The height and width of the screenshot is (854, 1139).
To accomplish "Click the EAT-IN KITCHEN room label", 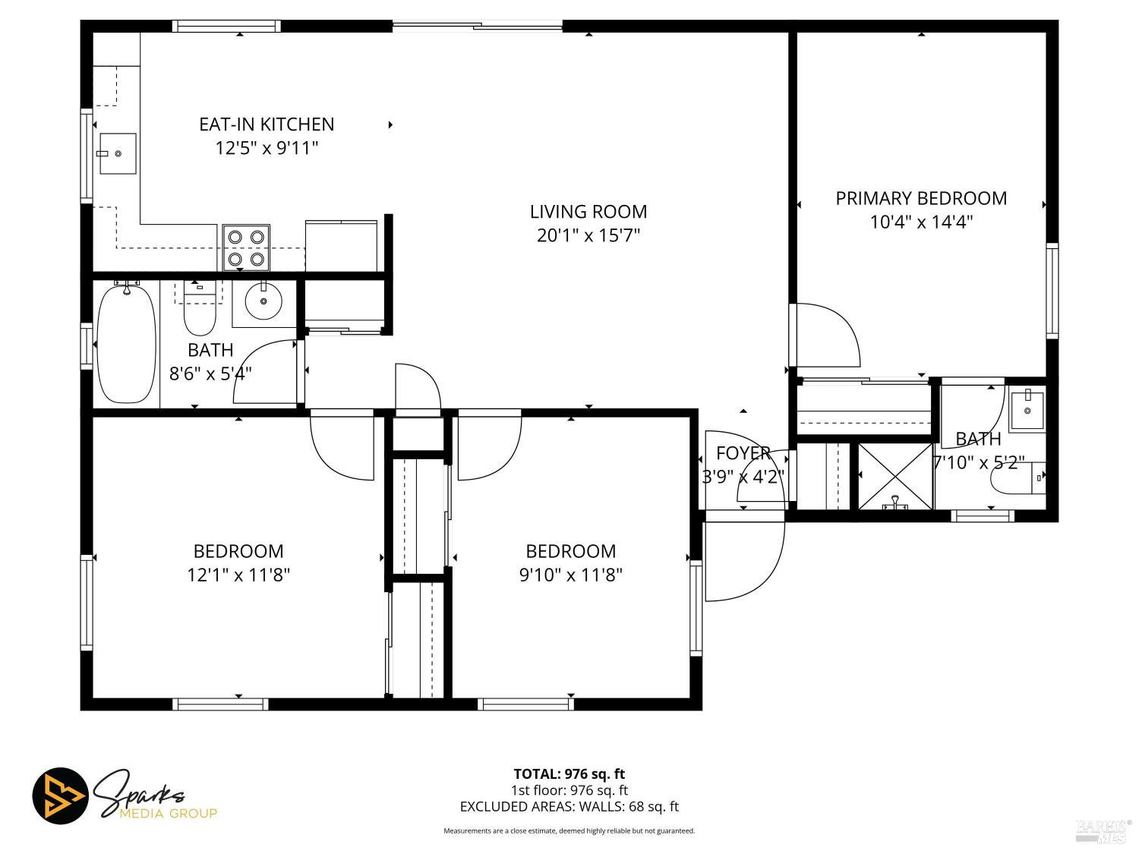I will [267, 124].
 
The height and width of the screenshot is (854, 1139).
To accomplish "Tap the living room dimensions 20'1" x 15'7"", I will [588, 235].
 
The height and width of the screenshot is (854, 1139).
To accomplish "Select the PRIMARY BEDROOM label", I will [921, 198].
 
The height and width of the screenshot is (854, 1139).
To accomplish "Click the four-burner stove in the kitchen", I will [246, 248].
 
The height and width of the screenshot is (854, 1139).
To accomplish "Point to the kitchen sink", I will [117, 153].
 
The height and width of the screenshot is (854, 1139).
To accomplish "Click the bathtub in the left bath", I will [126, 344].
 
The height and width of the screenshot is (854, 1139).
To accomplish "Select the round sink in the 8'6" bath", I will [263, 302].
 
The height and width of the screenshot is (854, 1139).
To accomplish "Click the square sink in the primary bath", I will [1027, 411].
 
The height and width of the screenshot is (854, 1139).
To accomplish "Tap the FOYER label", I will [743, 453].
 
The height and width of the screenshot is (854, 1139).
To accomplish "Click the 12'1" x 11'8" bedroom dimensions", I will [238, 575].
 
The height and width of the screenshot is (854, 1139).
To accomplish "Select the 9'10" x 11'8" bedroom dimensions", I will [571, 575].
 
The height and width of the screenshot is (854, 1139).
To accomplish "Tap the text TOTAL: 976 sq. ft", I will [569, 774].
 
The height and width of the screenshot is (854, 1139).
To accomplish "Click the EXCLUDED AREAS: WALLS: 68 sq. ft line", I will [569, 807].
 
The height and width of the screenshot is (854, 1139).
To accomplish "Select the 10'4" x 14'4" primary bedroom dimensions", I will [921, 222].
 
